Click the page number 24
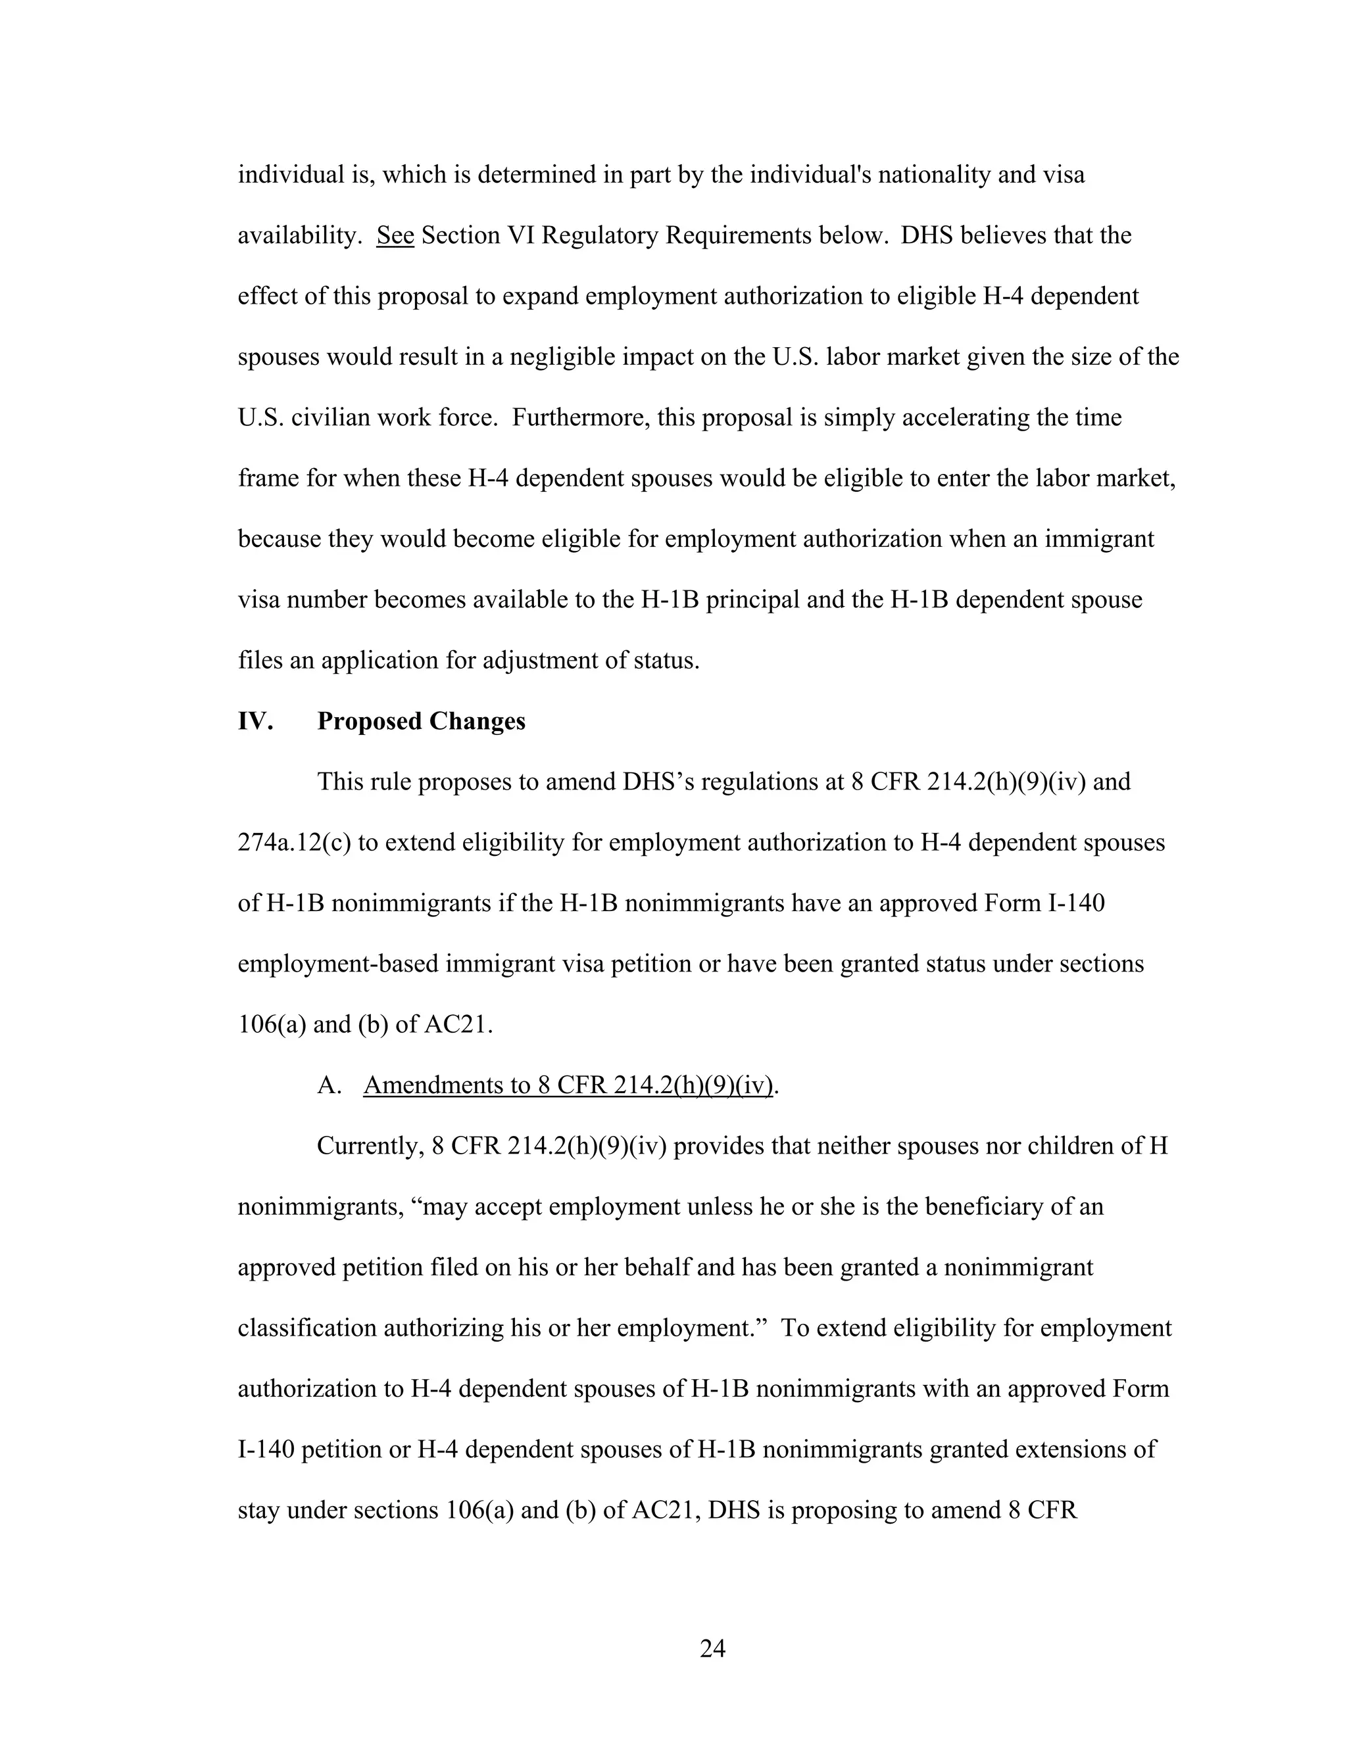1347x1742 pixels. point(712,1648)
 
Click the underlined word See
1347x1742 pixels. point(395,235)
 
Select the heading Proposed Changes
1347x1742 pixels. point(422,721)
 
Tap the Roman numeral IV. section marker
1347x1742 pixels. point(255,721)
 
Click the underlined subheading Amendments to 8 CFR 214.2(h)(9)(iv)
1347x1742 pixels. point(568,1085)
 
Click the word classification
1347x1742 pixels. point(307,1328)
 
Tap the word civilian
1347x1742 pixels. point(328,417)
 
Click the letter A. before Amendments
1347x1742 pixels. point(328,1085)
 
